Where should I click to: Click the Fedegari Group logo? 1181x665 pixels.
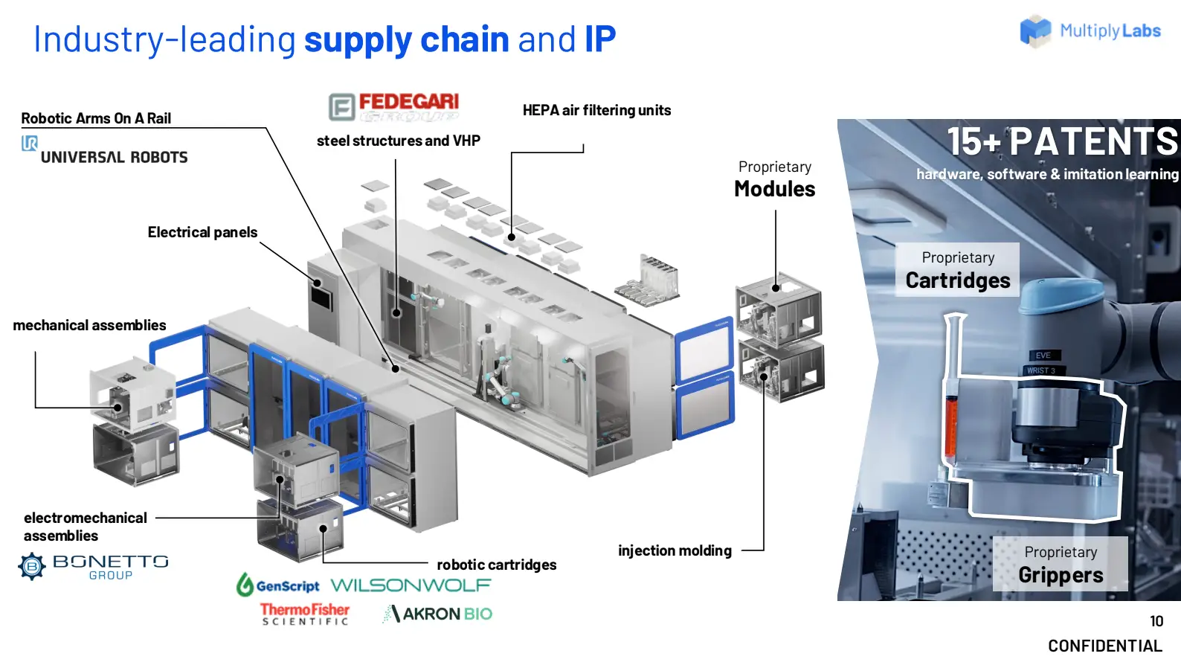393,106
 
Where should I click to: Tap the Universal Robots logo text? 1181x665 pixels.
114,157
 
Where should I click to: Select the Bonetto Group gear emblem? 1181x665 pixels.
32,566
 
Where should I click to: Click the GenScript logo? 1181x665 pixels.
278,585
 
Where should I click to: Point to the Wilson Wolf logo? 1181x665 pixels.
411,585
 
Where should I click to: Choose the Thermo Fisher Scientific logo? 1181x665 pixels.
305,614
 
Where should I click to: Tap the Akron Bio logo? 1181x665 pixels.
437,614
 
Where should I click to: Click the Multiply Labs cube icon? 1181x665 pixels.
1035,31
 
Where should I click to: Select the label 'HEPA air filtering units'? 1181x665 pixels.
597,110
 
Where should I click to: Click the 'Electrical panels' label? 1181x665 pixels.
202,232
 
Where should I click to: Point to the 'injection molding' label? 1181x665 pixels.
675,550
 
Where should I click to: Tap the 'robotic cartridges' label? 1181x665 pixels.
497,565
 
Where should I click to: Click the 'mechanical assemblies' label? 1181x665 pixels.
90,325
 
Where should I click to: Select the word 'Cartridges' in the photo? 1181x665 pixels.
958,280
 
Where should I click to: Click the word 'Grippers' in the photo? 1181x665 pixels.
1061,575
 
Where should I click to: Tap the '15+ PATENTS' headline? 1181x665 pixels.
1062,141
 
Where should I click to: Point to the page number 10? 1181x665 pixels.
1156,621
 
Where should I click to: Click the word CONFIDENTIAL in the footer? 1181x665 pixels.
1105,646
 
